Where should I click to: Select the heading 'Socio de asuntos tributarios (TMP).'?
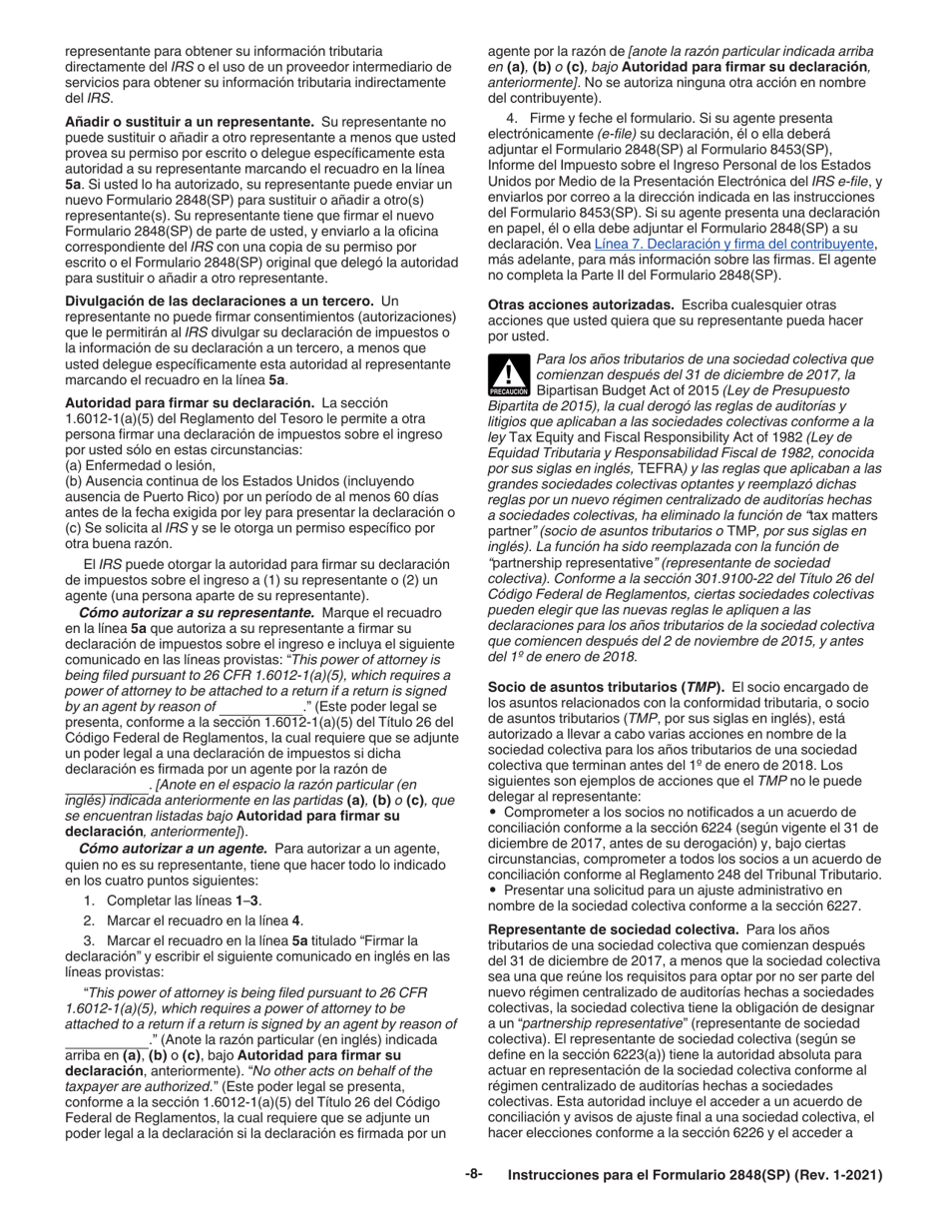(x=608, y=688)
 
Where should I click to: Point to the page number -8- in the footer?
(x=473, y=1175)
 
